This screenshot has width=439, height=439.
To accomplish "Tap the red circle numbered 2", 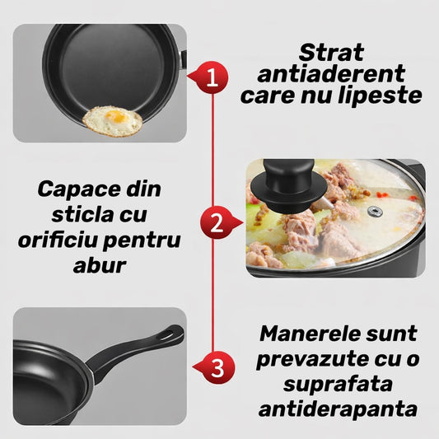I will [217, 222].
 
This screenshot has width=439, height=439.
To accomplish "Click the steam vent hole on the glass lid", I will [375, 212].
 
